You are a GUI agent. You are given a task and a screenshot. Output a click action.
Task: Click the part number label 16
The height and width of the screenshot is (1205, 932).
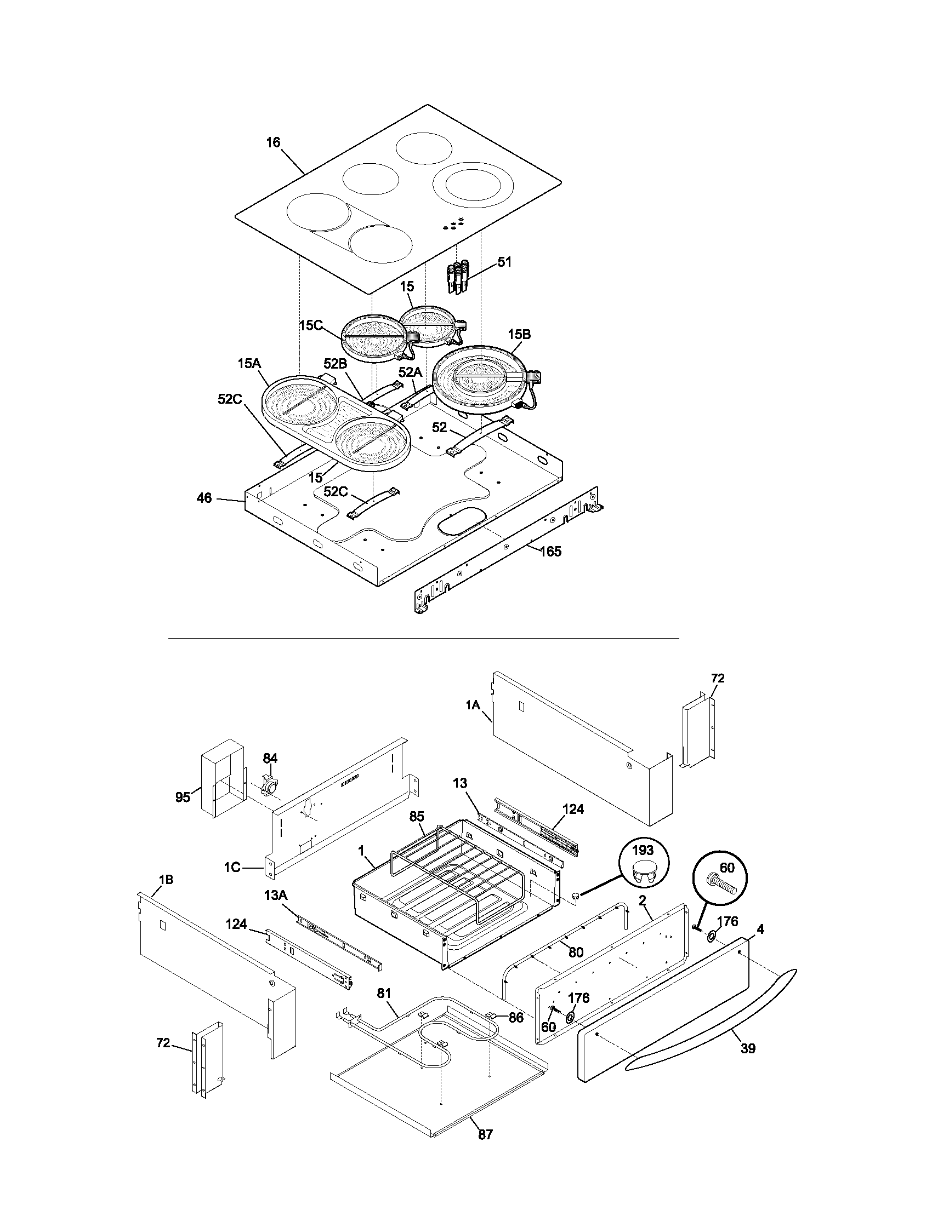pos(274,142)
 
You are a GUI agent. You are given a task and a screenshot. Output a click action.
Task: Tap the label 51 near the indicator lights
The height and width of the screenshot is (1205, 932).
pos(504,262)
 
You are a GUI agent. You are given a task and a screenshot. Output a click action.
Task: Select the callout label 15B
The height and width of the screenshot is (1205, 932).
pos(520,334)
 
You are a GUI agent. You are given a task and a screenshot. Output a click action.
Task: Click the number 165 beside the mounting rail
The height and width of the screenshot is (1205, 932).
pos(550,551)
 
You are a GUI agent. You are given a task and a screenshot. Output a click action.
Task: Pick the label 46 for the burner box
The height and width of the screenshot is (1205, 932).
pos(204,498)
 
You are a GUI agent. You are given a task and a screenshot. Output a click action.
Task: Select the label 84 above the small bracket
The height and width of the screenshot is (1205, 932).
pos(270,759)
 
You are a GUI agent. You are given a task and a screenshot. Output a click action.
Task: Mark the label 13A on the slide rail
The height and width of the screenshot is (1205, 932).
pos(276,896)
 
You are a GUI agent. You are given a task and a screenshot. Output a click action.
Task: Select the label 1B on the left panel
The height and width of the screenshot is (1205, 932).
pos(166,880)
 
